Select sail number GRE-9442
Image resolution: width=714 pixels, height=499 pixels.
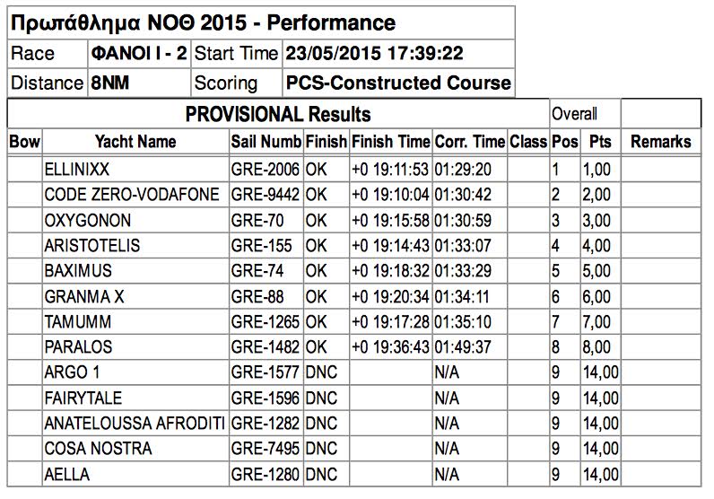click(x=266, y=195)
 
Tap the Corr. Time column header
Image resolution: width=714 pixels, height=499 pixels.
click(x=469, y=142)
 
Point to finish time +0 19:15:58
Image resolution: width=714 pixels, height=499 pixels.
click(x=391, y=220)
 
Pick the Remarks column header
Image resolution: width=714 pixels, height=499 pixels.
click(x=661, y=142)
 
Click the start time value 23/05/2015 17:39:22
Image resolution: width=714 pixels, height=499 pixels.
click(x=374, y=54)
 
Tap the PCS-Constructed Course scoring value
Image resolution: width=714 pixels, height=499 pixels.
click(x=398, y=83)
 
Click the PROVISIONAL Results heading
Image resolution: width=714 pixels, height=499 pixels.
click(x=278, y=115)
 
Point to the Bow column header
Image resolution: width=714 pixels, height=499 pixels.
click(x=24, y=142)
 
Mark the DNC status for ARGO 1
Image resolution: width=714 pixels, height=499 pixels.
click(x=321, y=372)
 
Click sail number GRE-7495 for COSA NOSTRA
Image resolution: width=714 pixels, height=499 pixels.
click(x=266, y=449)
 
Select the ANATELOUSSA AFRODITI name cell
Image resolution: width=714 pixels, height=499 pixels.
click(x=134, y=424)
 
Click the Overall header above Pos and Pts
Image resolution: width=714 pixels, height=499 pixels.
click(x=574, y=115)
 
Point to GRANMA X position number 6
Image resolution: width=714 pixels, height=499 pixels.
click(x=556, y=296)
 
